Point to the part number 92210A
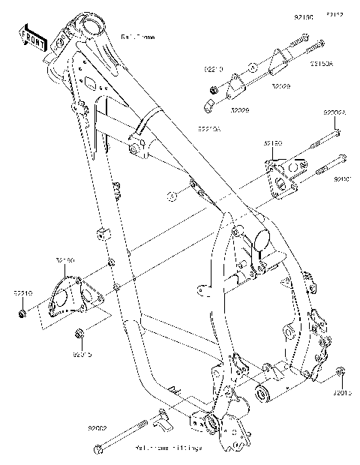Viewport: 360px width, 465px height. [x=209, y=128]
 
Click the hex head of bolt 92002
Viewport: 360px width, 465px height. [x=98, y=449]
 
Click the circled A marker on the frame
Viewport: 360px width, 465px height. [x=171, y=197]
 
